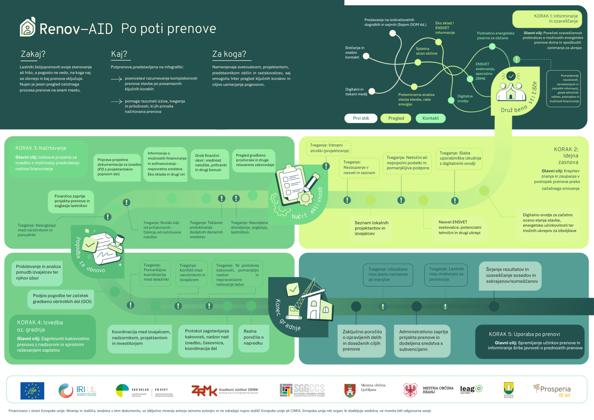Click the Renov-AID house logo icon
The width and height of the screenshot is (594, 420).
[x=28, y=27]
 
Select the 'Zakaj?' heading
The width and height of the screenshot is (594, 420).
[x=33, y=54]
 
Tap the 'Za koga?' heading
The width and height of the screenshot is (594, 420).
[x=229, y=54]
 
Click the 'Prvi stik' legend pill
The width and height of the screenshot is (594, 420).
[x=361, y=118]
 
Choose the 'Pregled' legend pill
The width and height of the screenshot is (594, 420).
[x=396, y=118]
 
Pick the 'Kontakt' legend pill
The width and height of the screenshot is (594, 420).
[x=430, y=118]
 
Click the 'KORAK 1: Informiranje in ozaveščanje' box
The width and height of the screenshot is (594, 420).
[x=547, y=19]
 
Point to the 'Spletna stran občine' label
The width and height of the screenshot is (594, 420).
[x=426, y=51]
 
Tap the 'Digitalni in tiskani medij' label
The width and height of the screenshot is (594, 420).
[x=356, y=92]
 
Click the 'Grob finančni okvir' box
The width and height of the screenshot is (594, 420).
[x=210, y=163]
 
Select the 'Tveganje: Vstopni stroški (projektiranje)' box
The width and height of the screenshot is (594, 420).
[x=329, y=148]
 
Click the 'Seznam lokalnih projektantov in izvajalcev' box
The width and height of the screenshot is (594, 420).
[x=371, y=228]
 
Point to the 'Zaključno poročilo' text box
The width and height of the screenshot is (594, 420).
[x=362, y=340]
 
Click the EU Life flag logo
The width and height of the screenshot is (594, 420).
[x=32, y=391]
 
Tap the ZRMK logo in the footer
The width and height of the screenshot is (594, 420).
[x=204, y=391]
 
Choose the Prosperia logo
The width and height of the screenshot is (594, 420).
[x=552, y=391]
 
